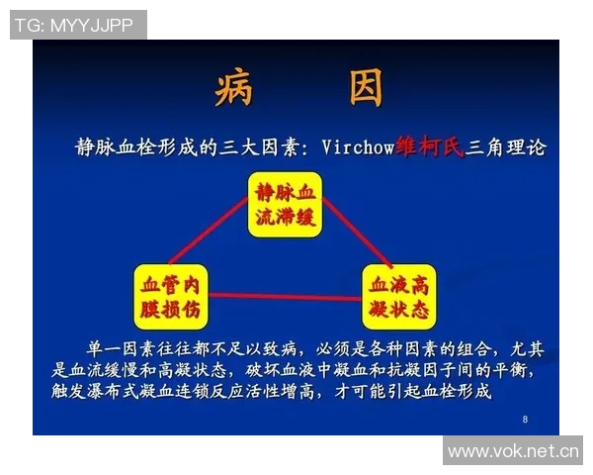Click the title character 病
pyautogui.click(x=233, y=89)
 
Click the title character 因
pyautogui.click(x=364, y=89)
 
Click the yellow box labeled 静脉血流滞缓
pyautogui.click(x=285, y=205)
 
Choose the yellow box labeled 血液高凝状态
pyautogui.click(x=398, y=297)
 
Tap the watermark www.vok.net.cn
pyautogui.click(x=512, y=452)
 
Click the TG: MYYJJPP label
pyautogui.click(x=78, y=24)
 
